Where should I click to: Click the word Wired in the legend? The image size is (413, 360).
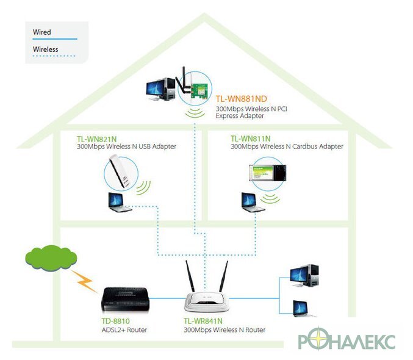pos(42,32)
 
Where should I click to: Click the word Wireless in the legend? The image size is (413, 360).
pos(46,49)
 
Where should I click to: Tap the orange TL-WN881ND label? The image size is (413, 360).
pos(241,99)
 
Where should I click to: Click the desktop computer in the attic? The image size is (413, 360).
pos(160,89)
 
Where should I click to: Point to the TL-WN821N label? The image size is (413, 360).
pos(96,139)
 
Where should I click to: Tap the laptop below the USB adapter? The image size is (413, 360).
pos(118,202)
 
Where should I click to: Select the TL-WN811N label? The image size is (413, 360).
pos(251,139)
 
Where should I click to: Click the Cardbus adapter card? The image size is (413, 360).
pos(268,173)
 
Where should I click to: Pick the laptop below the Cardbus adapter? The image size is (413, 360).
pos(253,202)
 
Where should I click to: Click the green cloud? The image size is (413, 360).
pos(51,258)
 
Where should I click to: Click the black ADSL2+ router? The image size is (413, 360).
pos(126,300)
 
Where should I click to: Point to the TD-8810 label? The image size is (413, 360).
pos(116,321)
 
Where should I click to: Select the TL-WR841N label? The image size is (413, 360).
pos(203,321)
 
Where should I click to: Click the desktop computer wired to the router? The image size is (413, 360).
pos(304,276)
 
